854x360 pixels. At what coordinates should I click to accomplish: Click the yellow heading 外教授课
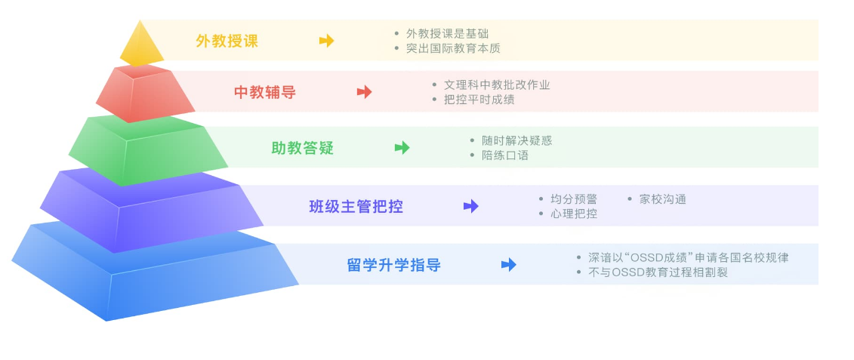pos(227,41)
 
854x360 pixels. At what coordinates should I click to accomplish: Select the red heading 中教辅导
pos(265,92)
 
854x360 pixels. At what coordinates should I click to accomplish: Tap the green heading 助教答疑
pos(302,148)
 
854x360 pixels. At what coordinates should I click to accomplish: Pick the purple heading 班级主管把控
pos(356,206)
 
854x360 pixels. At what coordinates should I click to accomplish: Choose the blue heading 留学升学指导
pos(394,265)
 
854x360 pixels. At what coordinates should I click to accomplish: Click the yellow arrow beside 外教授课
pos(326,40)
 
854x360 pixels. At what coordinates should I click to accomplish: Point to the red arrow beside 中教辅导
pos(365,92)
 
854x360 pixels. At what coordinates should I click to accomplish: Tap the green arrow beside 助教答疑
pos(402,148)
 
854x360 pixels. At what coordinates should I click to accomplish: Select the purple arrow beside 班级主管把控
pos(471,206)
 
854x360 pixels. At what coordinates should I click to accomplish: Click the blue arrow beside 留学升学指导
pos(509,265)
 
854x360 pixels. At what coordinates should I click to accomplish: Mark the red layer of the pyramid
pos(146,93)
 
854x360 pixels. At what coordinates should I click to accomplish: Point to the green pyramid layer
pos(148,149)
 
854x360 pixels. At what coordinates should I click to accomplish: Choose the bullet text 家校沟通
pos(663,199)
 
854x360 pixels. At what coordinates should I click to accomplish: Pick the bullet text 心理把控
pos(574,214)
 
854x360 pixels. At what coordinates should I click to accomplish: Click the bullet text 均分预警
pos(574,199)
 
